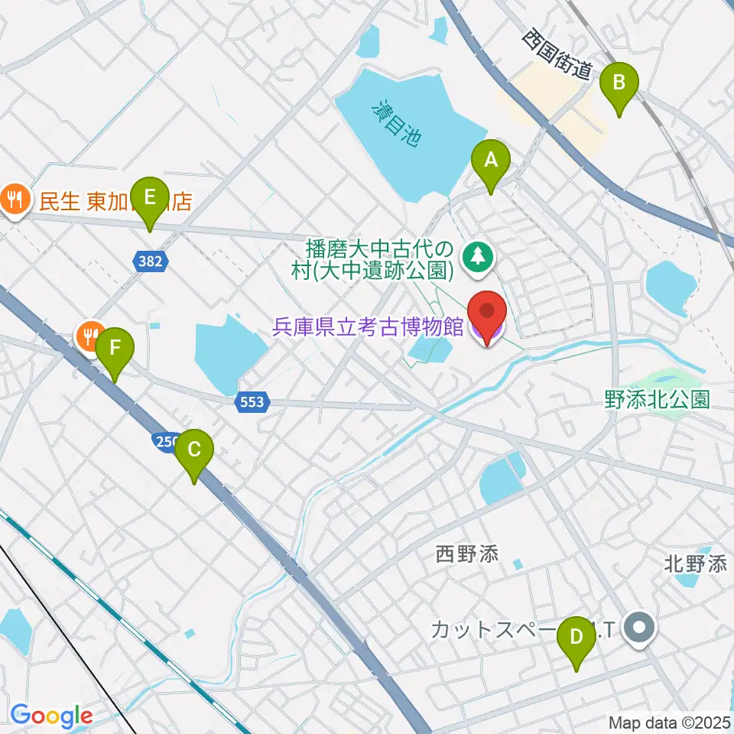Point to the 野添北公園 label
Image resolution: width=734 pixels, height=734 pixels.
point(657,398)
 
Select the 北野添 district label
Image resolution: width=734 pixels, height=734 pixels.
point(695,564)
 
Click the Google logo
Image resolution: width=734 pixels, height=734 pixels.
point(51,716)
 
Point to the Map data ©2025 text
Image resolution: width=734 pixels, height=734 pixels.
point(670,722)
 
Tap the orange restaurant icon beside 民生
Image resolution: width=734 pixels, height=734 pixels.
point(14,201)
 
